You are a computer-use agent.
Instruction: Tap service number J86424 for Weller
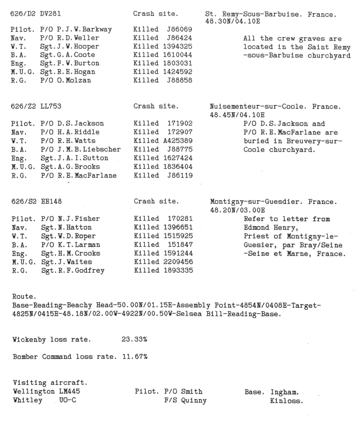pos(181,38)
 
